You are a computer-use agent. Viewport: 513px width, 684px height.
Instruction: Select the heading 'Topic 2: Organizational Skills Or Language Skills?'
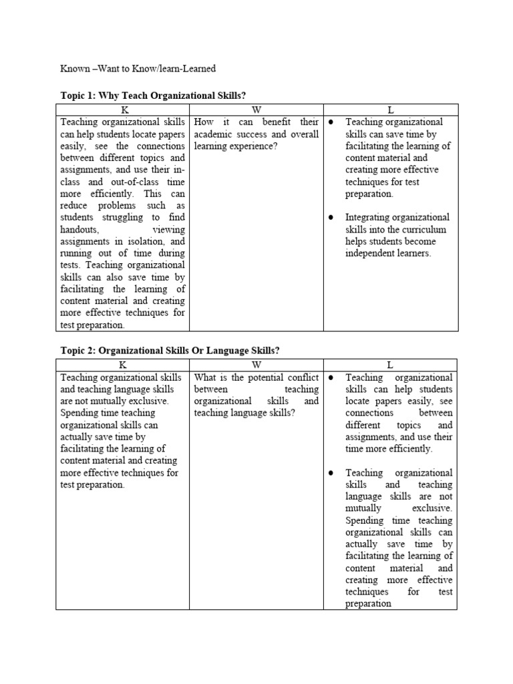[170, 351]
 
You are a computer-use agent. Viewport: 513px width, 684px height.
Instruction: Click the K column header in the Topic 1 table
[123, 110]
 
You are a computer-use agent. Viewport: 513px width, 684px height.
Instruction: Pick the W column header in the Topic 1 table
[256, 110]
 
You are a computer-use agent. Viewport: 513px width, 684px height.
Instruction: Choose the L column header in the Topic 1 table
[391, 110]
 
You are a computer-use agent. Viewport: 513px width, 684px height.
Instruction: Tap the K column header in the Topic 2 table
[123, 365]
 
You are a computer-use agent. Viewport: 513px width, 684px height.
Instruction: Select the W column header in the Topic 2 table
[256, 365]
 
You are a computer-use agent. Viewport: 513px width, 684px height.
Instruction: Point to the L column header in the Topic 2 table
[391, 365]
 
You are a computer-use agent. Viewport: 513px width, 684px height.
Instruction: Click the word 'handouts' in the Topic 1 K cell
[80, 229]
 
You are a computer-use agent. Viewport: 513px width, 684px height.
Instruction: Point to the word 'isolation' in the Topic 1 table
[145, 241]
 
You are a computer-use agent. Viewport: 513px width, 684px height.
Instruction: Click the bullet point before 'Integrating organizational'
[331, 218]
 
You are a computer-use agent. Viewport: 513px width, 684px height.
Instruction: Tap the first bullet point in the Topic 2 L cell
[331, 378]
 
